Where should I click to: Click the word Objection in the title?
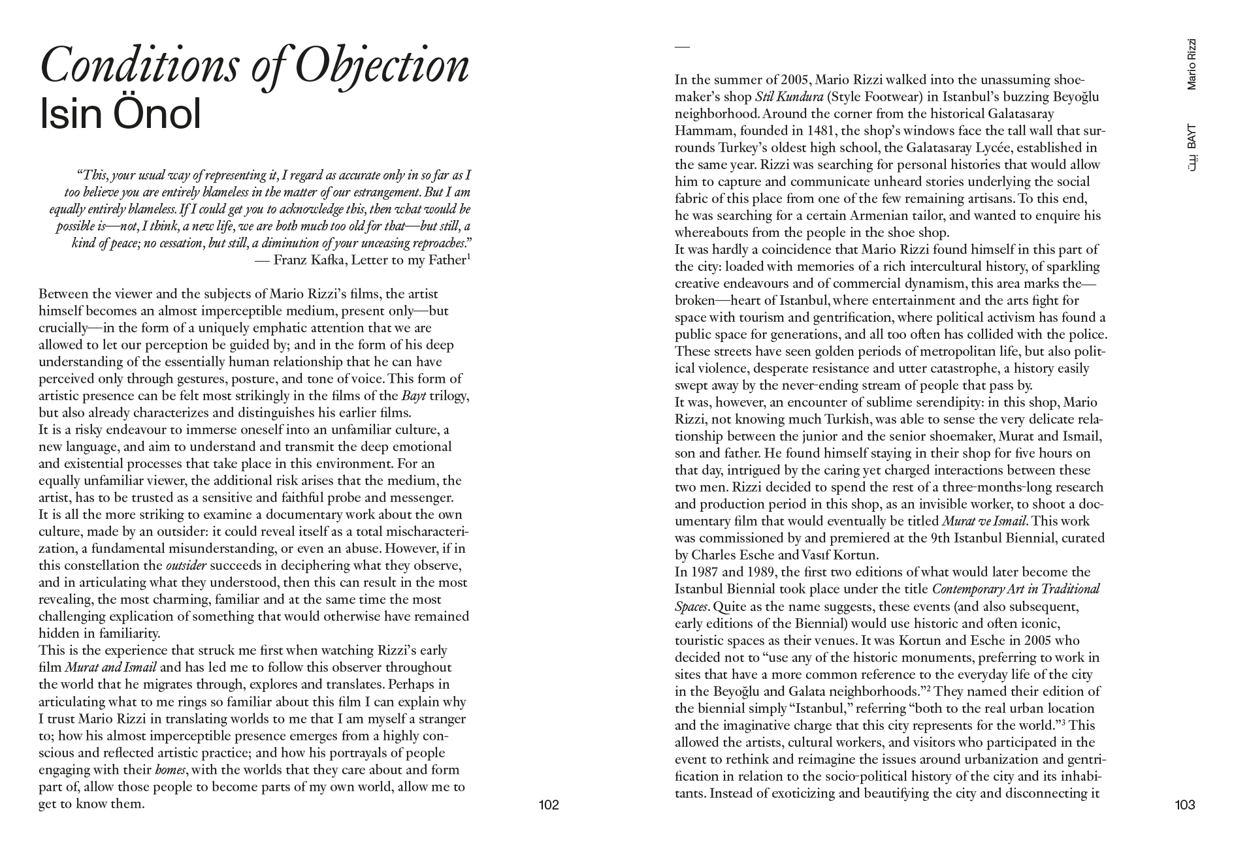pos(382,66)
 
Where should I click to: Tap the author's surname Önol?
pos(157,115)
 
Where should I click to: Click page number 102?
pos(549,805)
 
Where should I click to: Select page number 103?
pos(1184,805)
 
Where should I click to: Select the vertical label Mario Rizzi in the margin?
pos(1192,64)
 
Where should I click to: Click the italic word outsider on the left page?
pos(186,566)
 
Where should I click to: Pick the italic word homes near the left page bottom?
pos(171,770)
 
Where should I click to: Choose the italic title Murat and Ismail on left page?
pos(110,668)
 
